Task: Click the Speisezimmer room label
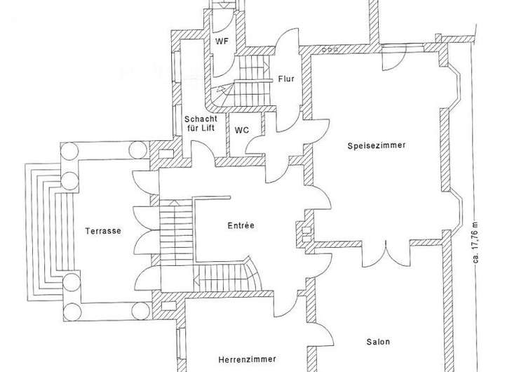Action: [x=377, y=146]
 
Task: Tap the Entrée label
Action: [x=241, y=225]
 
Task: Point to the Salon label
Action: [x=377, y=343]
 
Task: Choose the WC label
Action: [x=241, y=130]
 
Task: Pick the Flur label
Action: [x=285, y=79]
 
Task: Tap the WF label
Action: [x=222, y=41]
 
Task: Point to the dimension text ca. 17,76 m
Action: [x=476, y=243]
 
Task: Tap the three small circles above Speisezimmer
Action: [x=329, y=49]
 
